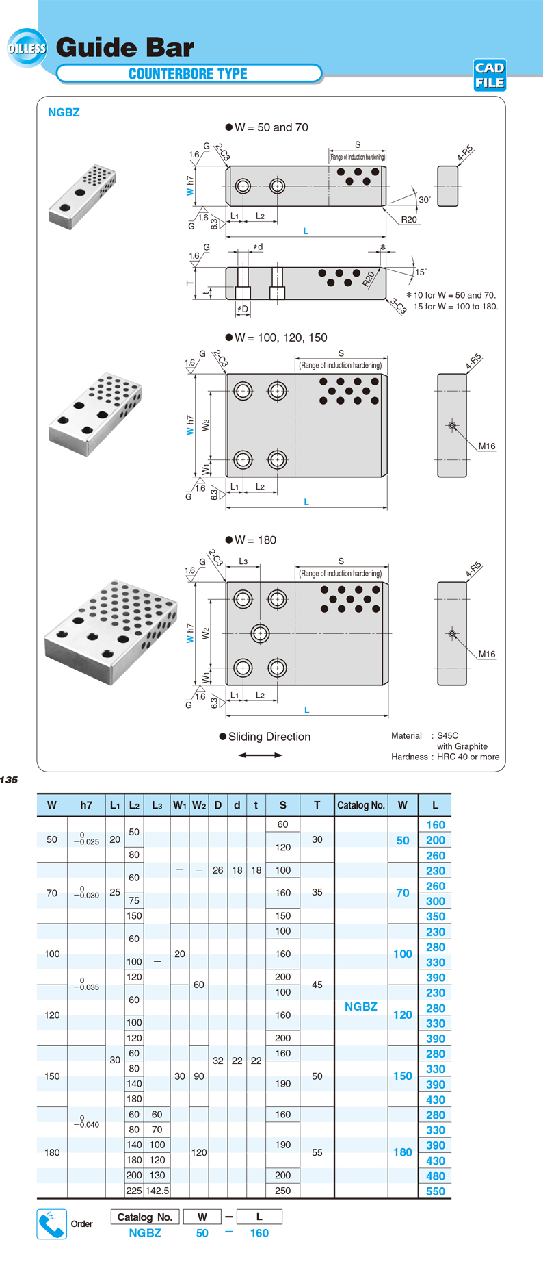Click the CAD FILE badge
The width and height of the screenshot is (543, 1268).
[x=490, y=75]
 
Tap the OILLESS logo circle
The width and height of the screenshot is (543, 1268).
[x=27, y=48]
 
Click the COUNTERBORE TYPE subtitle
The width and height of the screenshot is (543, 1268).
[x=188, y=74]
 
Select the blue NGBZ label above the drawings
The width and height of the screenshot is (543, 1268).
[x=64, y=112]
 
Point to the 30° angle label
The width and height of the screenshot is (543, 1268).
[x=425, y=200]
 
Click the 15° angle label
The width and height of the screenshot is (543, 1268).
[x=421, y=272]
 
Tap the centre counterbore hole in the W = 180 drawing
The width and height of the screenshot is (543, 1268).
[x=260, y=633]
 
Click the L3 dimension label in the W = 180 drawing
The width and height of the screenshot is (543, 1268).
[x=243, y=561]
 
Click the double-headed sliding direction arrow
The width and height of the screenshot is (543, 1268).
[x=260, y=755]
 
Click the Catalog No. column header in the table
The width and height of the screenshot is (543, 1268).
[x=361, y=805]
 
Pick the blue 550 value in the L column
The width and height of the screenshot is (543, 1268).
[x=435, y=1191]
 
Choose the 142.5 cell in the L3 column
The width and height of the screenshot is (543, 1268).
[x=157, y=1191]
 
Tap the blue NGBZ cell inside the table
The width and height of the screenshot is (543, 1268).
[x=361, y=1006]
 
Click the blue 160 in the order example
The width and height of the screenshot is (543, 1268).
[x=259, y=1233]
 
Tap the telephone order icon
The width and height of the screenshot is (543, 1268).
[x=51, y=1224]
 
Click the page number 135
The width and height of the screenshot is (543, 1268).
[x=9, y=780]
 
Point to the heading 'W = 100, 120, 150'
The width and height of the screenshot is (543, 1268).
[x=276, y=338]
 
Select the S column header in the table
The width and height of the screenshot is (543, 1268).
[x=283, y=805]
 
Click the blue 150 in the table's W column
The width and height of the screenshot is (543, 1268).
[x=403, y=1076]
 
